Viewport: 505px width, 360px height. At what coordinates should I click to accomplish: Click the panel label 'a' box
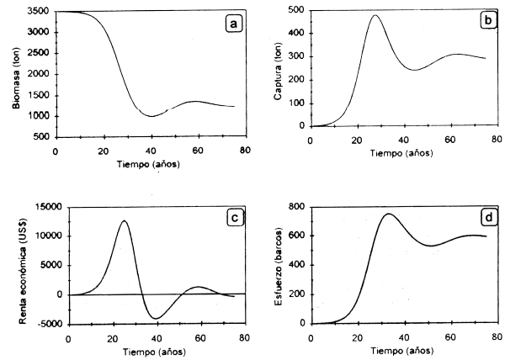[x=234, y=24]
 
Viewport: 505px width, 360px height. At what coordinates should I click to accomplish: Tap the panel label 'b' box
[x=485, y=21]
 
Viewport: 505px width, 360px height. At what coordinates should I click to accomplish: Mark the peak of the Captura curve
[x=375, y=15]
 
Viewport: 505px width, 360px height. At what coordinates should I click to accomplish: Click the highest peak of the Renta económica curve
[x=124, y=220]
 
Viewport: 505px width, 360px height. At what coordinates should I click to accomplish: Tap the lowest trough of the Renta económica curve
[x=156, y=319]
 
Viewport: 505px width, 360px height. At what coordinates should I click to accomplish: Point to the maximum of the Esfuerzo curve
[x=388, y=214]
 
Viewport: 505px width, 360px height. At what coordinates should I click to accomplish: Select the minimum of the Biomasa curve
[x=151, y=116]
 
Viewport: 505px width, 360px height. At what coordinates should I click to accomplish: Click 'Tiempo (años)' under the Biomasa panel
[x=147, y=162]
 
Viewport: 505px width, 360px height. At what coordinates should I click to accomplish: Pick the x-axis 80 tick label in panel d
[x=497, y=337]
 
